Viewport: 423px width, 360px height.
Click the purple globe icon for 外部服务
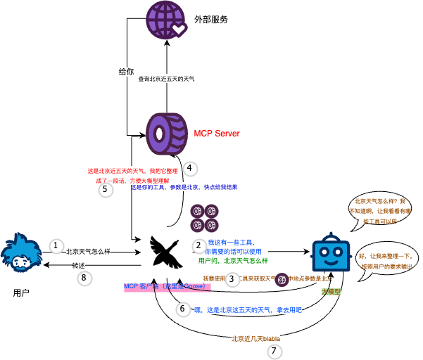tap(167, 19)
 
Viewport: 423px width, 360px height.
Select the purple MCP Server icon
tap(167, 131)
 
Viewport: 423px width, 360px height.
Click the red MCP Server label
tap(217, 133)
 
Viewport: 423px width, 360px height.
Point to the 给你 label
tap(126, 72)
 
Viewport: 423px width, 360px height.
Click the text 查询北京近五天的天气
tap(166, 79)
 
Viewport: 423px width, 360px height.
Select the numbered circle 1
tap(56, 245)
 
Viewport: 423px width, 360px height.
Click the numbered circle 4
tap(189, 169)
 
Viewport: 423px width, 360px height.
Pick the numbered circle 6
tap(183, 309)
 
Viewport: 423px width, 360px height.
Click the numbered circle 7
tap(274, 349)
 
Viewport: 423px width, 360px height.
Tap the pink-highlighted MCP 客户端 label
tap(166, 287)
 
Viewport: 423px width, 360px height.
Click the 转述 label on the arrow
tap(79, 265)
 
